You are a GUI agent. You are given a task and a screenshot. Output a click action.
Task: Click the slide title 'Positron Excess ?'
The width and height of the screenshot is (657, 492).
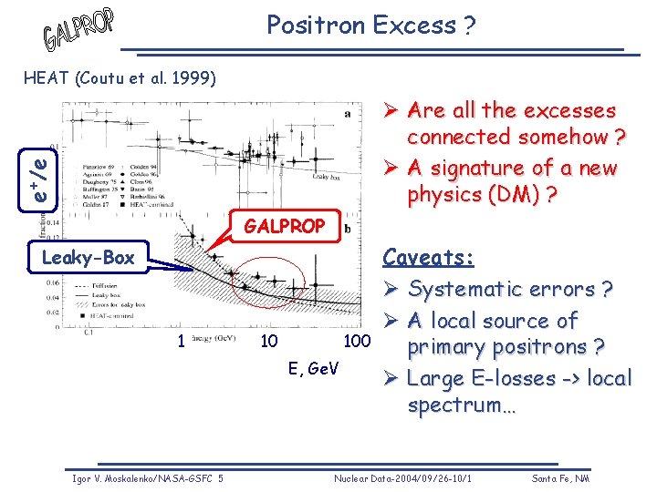click(370, 26)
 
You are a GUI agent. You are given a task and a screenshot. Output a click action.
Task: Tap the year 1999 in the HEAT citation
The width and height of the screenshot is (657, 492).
click(194, 78)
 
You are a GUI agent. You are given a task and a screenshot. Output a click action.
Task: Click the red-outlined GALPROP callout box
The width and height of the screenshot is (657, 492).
click(286, 227)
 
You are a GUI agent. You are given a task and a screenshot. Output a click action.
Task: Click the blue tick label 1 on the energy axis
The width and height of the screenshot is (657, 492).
click(182, 342)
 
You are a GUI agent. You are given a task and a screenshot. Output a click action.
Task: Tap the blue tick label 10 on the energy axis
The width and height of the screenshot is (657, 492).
click(269, 342)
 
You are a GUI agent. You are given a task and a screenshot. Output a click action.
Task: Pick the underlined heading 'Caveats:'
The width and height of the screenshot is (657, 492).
click(428, 258)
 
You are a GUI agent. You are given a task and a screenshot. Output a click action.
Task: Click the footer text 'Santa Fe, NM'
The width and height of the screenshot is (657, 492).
click(562, 478)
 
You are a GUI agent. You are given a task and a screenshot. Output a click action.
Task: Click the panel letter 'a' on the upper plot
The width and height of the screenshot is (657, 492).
click(347, 114)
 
